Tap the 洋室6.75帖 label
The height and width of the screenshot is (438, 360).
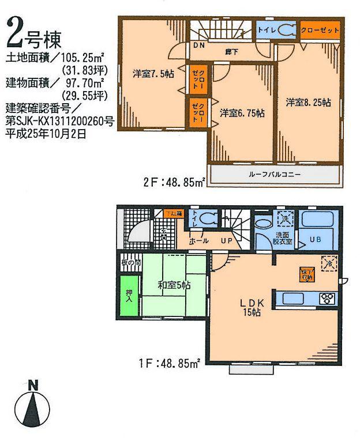coord(242,114)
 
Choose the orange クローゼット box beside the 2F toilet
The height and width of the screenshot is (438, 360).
coord(319,29)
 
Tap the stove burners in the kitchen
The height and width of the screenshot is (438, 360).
coord(328,299)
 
